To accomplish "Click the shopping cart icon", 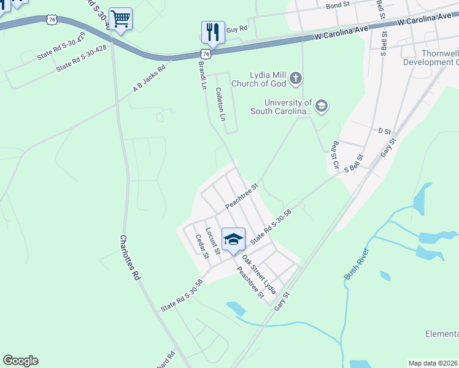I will pos(120,19).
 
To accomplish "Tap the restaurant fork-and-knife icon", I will pos(212,32).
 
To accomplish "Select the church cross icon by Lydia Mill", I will pos(296,78).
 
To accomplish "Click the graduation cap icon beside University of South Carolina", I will pos(322,106).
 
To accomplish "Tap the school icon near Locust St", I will pos(233,239).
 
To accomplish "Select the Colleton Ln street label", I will pos(221,103).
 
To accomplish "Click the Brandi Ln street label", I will pos(202,75).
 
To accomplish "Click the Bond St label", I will pos(337,6).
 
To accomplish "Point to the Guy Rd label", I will pos(236,29).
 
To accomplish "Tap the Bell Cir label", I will pos(335,154).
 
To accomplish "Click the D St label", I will pos(385,131).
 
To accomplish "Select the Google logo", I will pos(20,361).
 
